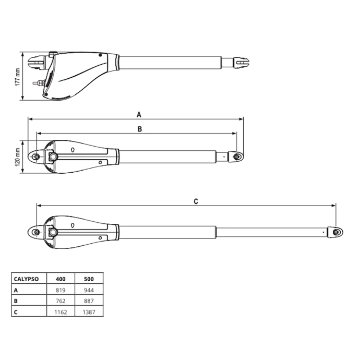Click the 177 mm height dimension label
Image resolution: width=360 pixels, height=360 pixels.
(x=18, y=77)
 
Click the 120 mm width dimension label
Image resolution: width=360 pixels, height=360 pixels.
(x=18, y=157)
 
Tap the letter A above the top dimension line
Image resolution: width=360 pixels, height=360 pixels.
(x=139, y=115)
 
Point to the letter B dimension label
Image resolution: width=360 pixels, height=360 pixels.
(x=140, y=129)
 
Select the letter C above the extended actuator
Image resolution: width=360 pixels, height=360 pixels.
(x=196, y=201)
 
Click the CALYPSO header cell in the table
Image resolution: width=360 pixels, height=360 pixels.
(x=26, y=279)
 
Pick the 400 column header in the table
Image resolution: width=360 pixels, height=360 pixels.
(x=61, y=279)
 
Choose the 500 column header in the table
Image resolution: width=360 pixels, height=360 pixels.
(x=89, y=279)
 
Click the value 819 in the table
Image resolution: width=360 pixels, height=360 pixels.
(x=61, y=290)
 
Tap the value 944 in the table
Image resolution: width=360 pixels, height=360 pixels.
(x=89, y=290)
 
